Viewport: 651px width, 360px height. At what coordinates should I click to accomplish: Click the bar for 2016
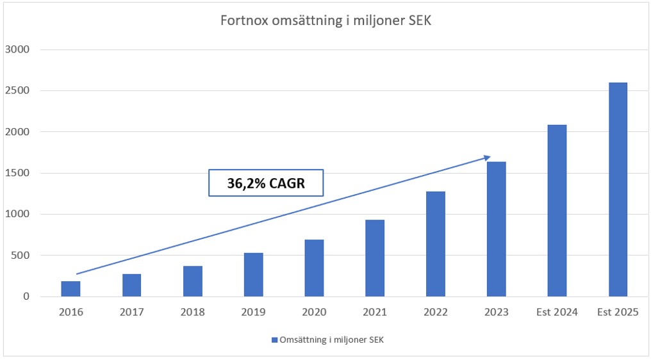coord(70,289)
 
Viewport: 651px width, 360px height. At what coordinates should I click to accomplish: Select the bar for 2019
coord(253,275)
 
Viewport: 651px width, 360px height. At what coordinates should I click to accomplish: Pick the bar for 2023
coord(497,229)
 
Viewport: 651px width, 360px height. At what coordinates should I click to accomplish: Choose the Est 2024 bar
coord(557,211)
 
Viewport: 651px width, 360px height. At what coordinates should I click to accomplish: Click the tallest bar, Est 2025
coord(618,190)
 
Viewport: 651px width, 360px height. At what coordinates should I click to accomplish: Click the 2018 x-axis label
coord(192,312)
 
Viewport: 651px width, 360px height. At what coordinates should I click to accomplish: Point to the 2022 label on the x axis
coord(436,312)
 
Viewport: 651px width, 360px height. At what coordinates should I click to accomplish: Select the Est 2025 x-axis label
coord(618,312)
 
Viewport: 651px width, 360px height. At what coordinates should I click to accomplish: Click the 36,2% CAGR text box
coord(266,183)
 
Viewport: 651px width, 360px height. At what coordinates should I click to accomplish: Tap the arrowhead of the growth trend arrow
coord(488,157)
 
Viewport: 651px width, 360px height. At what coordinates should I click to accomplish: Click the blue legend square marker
coord(274,340)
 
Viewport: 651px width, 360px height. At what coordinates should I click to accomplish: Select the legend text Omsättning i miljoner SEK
coord(331,340)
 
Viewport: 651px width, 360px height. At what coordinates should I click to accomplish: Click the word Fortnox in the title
coord(240,20)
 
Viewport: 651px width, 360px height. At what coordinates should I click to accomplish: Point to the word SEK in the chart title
coord(419,20)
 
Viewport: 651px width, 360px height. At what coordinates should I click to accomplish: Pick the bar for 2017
coord(131,285)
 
